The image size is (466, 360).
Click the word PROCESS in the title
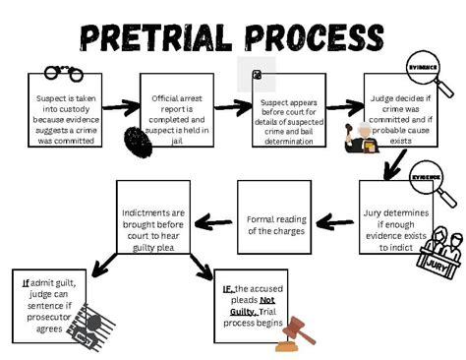pos(314,38)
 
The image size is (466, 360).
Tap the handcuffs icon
pos(63,73)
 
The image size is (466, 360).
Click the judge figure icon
pos(361,137)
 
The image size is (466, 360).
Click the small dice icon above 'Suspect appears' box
pos(257,75)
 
